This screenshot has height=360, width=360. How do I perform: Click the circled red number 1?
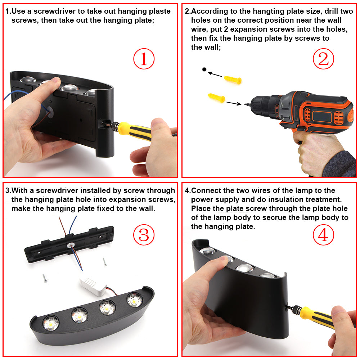(144, 59)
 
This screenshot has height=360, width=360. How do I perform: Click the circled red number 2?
(323, 59)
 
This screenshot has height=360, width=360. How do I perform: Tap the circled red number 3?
(144, 235)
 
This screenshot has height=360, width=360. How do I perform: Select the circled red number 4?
(323, 235)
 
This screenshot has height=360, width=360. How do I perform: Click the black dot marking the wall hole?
(204, 69)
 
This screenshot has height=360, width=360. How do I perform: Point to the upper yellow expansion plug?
(233, 80)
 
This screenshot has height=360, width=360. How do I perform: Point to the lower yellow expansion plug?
(216, 98)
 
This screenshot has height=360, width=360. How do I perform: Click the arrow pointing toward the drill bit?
(234, 103)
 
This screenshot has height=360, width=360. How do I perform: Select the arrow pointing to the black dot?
(215, 74)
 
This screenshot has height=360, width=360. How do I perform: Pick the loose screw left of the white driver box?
(45, 278)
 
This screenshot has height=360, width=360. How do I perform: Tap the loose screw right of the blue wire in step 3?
(105, 262)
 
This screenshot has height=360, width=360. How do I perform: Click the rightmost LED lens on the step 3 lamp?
(135, 300)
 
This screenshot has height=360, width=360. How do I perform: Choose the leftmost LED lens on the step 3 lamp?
(51, 323)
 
